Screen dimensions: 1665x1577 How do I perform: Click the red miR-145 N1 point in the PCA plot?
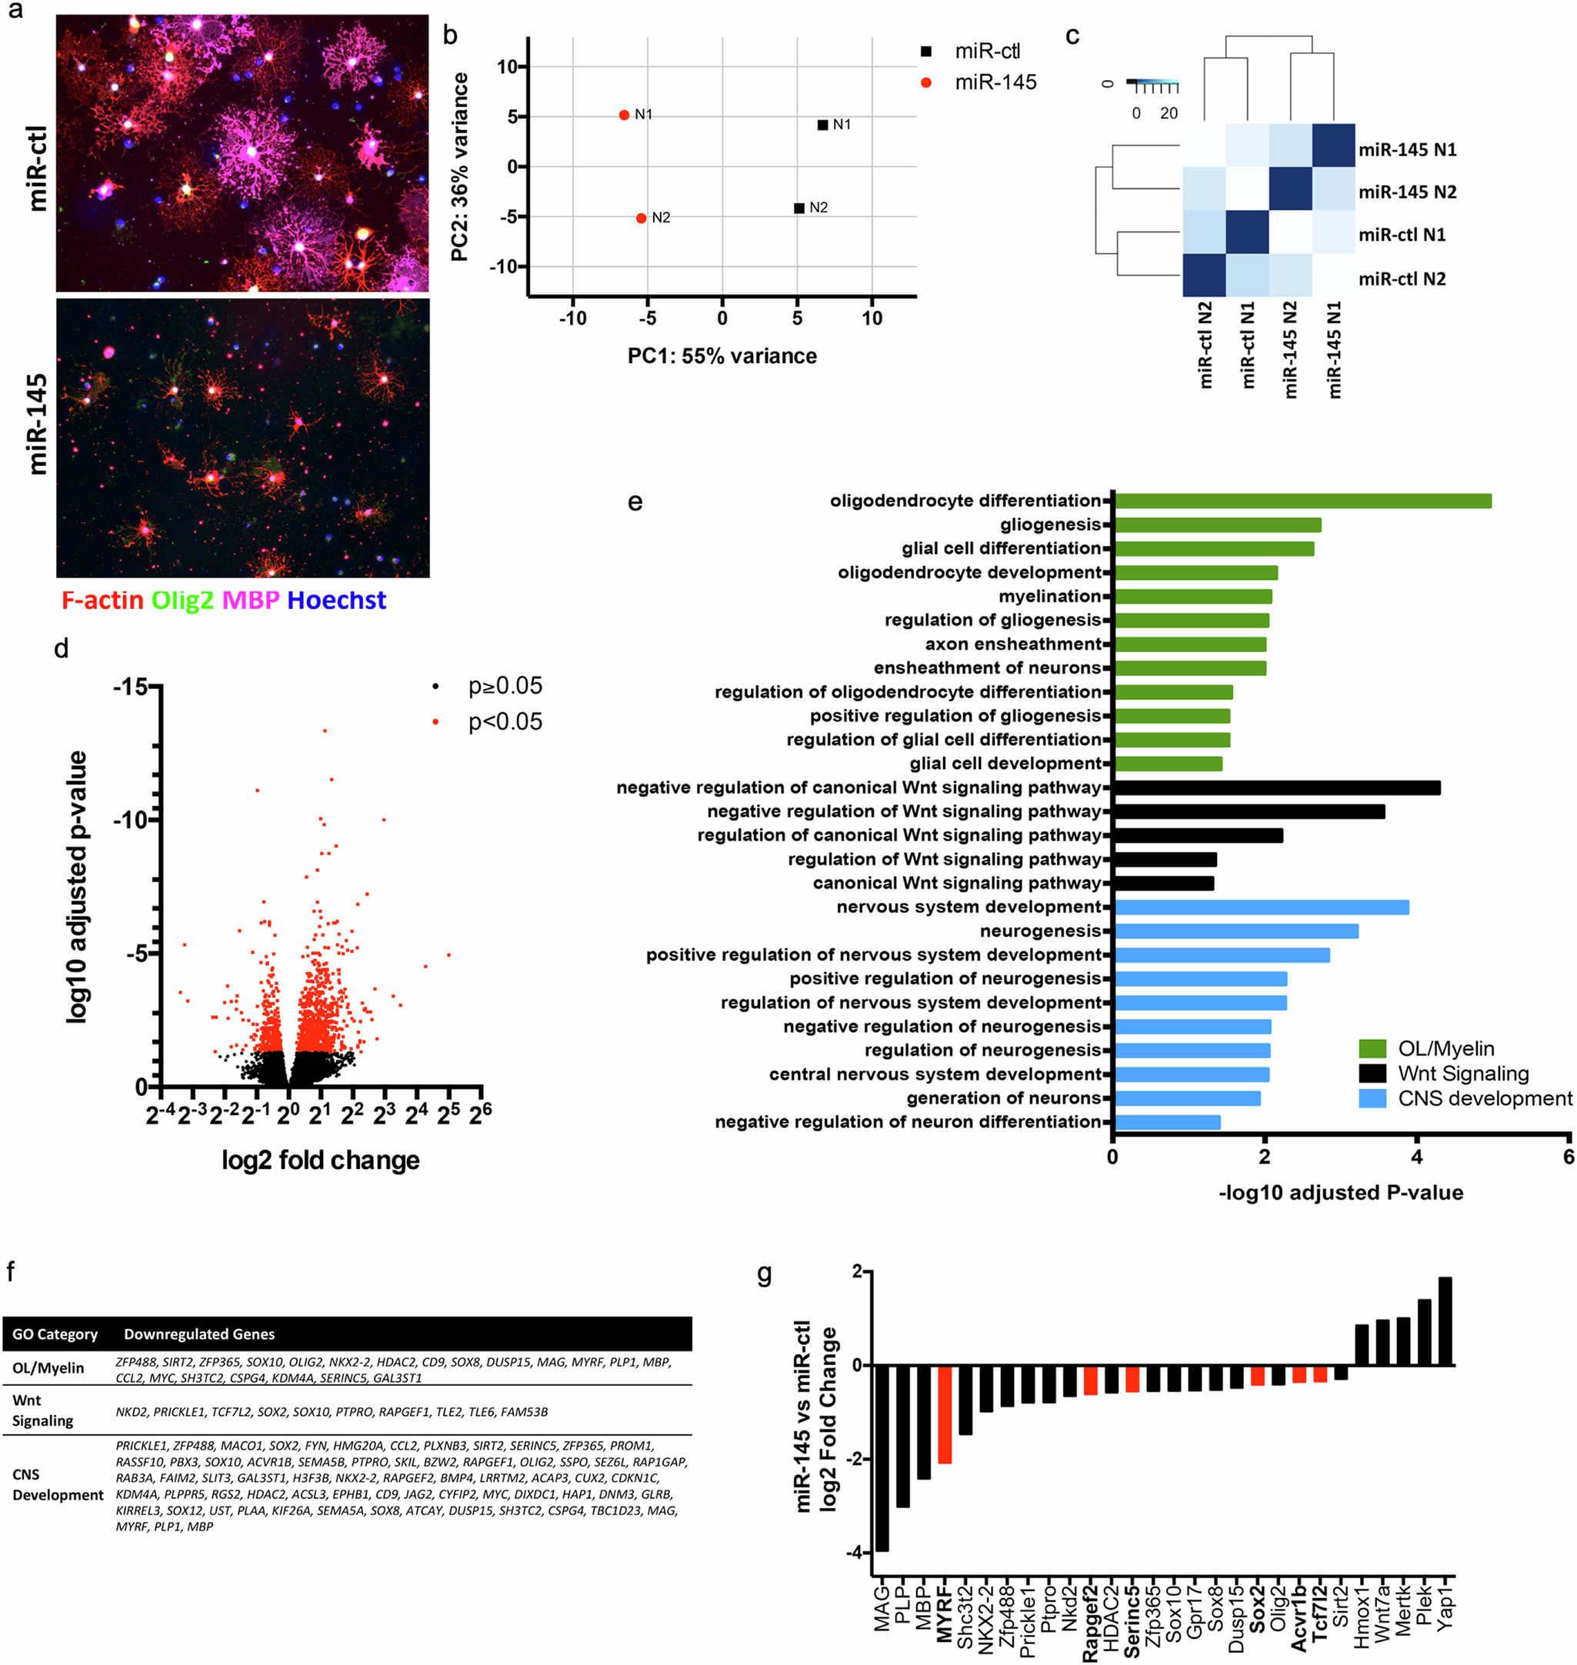click(x=624, y=115)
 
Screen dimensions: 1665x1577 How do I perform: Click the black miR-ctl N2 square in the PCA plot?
click(x=799, y=208)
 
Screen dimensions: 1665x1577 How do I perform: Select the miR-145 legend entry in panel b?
click(x=995, y=82)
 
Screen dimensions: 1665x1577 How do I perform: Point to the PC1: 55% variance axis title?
click(x=722, y=355)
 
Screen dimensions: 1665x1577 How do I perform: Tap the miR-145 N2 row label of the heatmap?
click(x=1406, y=191)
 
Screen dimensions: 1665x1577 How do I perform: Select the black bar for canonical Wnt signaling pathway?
click(x=1163, y=884)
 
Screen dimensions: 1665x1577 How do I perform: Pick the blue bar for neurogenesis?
click(x=1235, y=931)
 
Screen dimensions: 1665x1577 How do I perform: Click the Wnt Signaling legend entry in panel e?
click(x=1462, y=1074)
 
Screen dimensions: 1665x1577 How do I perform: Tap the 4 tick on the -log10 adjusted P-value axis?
click(x=1416, y=1157)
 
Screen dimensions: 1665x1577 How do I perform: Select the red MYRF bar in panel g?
click(x=945, y=1414)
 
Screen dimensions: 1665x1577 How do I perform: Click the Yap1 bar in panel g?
click(x=1445, y=1320)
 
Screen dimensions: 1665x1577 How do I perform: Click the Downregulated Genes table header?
click(x=199, y=1334)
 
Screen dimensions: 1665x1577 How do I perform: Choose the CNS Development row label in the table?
click(x=56, y=1484)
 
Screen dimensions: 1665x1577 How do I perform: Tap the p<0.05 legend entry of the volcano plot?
click(x=505, y=722)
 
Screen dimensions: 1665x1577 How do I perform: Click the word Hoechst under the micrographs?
click(x=336, y=600)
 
